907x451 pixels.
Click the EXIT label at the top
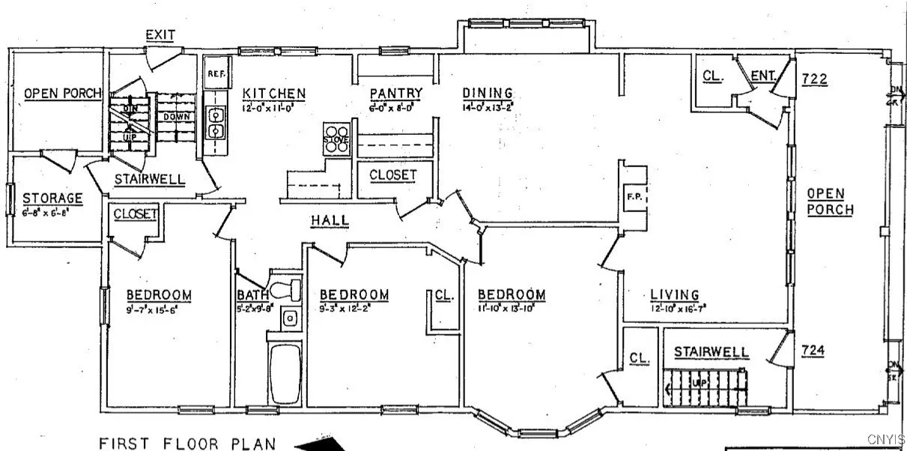[161, 34]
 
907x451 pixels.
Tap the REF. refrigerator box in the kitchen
[216, 73]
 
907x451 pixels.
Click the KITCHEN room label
[274, 94]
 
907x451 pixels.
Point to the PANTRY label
[396, 94]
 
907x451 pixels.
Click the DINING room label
[488, 93]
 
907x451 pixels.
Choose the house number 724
[814, 350]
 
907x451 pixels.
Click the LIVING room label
[674, 294]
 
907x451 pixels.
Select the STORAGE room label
[52, 198]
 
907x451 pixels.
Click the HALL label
[330, 220]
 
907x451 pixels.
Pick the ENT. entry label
[762, 75]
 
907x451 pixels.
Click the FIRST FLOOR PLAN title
[188, 443]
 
